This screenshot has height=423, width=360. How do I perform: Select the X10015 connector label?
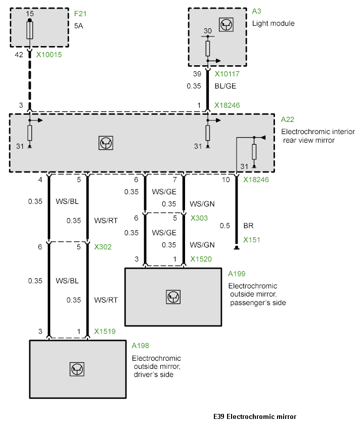point(49,54)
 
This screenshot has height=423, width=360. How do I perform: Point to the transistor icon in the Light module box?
point(226,24)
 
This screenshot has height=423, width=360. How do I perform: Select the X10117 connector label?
point(228,74)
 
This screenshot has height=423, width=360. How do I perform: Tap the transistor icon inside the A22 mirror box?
point(106,143)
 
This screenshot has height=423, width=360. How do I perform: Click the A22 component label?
point(287,120)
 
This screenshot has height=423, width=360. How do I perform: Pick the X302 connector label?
point(103,247)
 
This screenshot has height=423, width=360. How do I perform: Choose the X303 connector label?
point(200,218)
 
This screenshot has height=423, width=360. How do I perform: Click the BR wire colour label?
point(248,225)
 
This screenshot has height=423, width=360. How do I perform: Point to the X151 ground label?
point(251,240)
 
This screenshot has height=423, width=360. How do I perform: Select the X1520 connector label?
point(201,260)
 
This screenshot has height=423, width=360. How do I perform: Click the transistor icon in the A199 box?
point(173,297)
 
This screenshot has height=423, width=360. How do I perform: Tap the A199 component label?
point(237,274)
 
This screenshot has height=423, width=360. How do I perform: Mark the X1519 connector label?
point(105,332)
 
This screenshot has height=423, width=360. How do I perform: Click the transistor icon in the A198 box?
point(77,369)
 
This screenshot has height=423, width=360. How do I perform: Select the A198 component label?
point(140,346)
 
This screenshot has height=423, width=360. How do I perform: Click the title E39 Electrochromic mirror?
point(255,417)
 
